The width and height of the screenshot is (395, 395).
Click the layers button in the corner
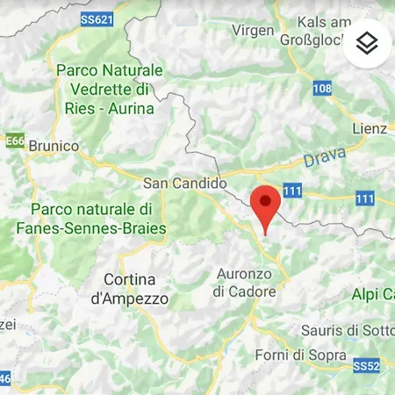point(366,43)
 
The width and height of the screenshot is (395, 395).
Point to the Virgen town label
point(252,30)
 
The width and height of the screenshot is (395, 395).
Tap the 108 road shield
point(322,89)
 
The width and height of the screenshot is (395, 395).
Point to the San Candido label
point(184,183)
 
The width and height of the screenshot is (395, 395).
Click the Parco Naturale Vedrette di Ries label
point(108,89)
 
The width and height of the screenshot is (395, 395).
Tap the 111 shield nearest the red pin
point(292,191)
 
